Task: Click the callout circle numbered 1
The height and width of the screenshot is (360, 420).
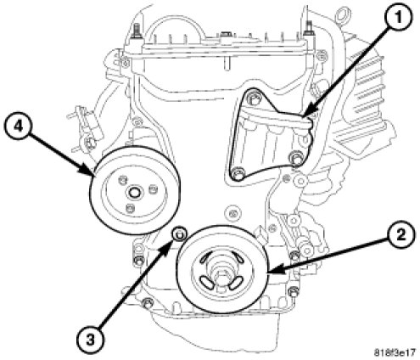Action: click(x=398, y=18)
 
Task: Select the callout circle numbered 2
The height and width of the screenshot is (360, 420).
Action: click(x=401, y=235)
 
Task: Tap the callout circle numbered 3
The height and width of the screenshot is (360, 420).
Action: click(x=90, y=340)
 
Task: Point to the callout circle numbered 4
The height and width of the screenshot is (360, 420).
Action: click(x=18, y=127)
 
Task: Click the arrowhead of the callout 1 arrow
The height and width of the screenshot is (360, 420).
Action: click(x=305, y=114)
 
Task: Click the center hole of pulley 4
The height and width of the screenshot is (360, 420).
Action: click(x=133, y=193)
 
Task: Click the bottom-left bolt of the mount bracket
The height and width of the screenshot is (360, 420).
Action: click(x=238, y=174)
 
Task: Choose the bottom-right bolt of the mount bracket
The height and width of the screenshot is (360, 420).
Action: click(x=295, y=157)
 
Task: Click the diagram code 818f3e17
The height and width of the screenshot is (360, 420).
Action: click(x=395, y=352)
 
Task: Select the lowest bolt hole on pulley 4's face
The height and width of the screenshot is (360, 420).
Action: click(x=130, y=209)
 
